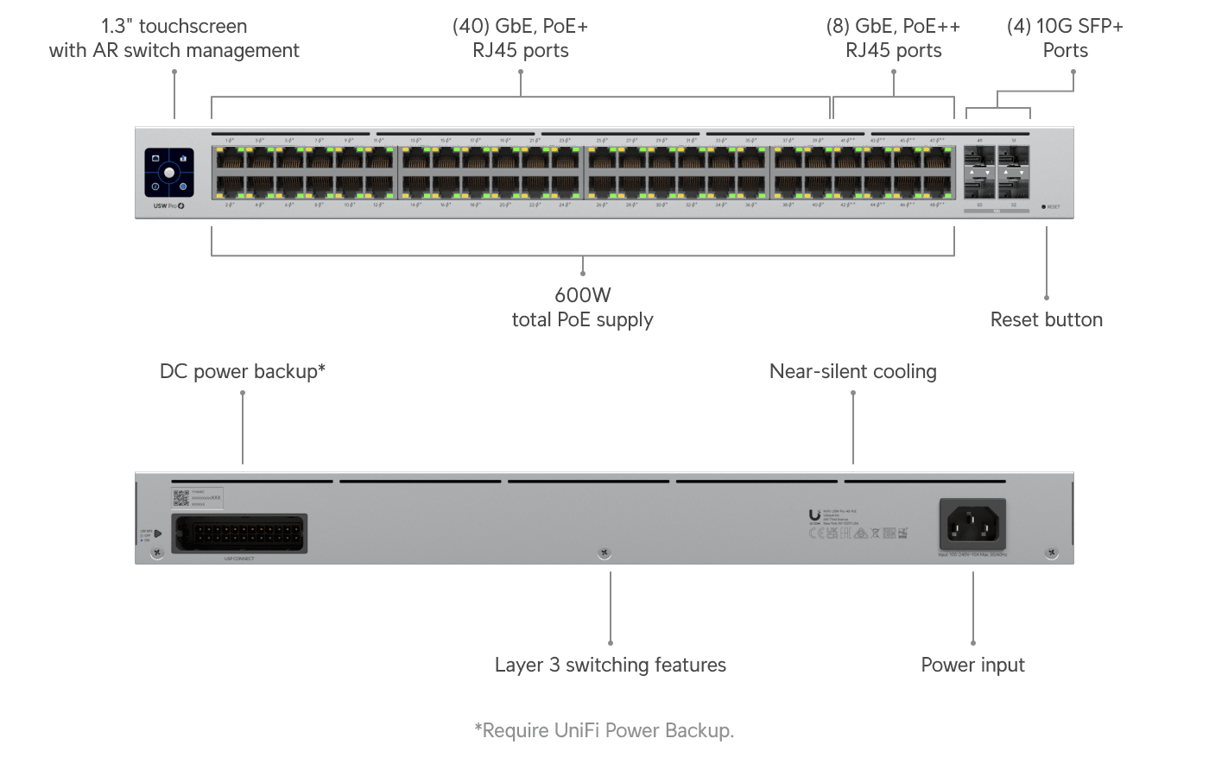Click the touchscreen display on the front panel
coord(169,173)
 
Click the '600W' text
coord(583,295)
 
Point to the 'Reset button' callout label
coord(1046,319)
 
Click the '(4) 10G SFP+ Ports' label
coord(1065,38)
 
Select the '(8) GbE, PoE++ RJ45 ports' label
coord(893,38)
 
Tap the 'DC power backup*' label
coord(243,371)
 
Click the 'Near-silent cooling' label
coord(852,371)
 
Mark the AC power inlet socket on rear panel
coord(972,524)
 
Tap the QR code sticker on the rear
coord(180,498)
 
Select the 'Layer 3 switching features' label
coord(610,665)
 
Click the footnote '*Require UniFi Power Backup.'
coord(604,730)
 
